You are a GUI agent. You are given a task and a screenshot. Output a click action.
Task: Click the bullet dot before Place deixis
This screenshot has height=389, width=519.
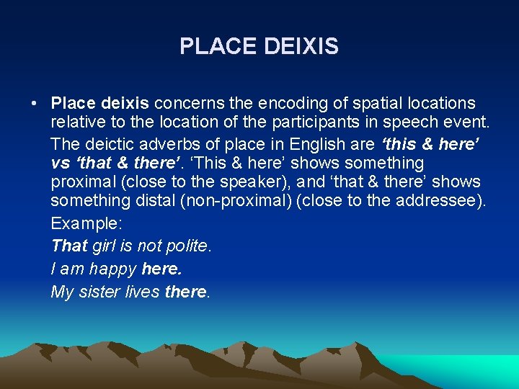click(x=34, y=103)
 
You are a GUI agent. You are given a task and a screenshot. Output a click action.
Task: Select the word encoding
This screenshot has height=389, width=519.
click(x=280, y=103)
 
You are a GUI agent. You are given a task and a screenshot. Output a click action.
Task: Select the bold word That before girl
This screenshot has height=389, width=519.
click(x=69, y=246)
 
